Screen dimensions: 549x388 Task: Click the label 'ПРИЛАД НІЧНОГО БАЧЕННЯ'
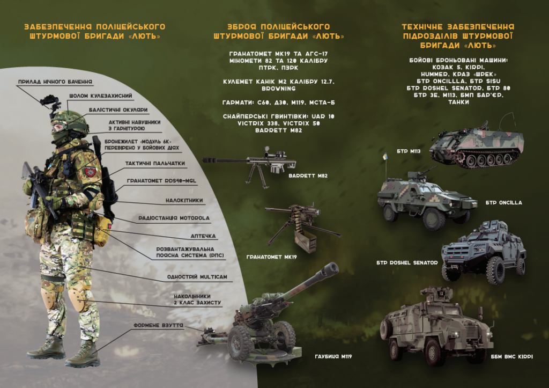(x=55, y=82)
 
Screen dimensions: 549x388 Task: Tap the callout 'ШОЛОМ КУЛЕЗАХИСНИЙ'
(x=100, y=96)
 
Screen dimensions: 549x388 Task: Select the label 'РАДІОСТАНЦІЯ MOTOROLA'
(x=174, y=218)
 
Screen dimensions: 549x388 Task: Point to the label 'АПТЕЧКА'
(x=203, y=236)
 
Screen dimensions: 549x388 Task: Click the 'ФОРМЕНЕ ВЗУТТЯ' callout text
(x=158, y=325)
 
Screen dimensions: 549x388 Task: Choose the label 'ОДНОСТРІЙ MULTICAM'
(x=197, y=277)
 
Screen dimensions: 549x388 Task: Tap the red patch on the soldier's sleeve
(x=90, y=171)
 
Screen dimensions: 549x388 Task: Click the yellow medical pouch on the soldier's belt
(x=103, y=227)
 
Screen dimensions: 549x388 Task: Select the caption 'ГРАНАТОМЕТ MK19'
(x=271, y=257)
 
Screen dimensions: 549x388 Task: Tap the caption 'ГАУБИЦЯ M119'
(x=333, y=356)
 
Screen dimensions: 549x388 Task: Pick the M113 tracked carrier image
(x=477, y=144)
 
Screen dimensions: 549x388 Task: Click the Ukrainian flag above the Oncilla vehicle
(x=385, y=157)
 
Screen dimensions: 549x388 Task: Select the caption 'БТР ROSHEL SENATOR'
(x=407, y=262)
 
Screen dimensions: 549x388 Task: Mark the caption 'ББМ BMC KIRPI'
(x=511, y=356)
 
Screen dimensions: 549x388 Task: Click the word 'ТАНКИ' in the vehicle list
(x=458, y=102)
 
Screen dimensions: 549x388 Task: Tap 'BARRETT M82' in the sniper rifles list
(x=278, y=130)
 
